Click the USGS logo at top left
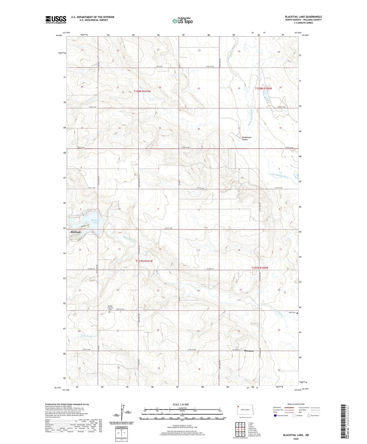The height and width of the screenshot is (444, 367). tap(56, 20)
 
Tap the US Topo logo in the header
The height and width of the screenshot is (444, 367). tap(183, 21)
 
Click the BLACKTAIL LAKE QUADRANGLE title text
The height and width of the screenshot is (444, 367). tap(303, 17)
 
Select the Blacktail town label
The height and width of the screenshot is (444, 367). tap(75, 232)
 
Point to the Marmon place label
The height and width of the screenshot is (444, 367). tap(249, 351)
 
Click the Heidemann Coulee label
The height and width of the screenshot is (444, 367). tap(246, 138)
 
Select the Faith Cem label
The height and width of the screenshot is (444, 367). tap(292, 313)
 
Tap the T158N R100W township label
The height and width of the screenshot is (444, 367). tap(263, 88)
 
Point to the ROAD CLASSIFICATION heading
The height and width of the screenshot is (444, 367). tap(296, 404)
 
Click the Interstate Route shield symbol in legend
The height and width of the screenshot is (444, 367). tap(275, 416)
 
